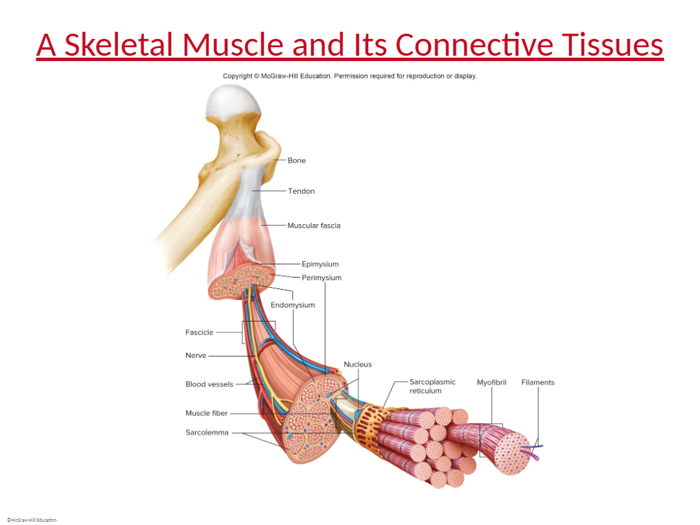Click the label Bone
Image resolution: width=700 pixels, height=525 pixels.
[296, 160]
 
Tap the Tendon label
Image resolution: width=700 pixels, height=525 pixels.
[301, 191]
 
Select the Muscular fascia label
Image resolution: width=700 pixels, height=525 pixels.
[314, 226]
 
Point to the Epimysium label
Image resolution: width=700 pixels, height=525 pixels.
[320, 264]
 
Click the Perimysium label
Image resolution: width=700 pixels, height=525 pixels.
[321, 277]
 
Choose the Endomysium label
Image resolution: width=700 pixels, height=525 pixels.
[293, 305]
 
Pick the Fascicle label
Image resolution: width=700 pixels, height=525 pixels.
[199, 332]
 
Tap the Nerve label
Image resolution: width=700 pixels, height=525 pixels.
[196, 355]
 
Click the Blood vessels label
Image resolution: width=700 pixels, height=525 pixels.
[209, 384]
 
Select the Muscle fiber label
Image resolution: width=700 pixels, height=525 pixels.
[206, 413]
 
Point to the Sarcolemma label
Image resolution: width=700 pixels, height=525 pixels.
[207, 432]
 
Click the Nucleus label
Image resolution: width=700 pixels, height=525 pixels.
[358, 364]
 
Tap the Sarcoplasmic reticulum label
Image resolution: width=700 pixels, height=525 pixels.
[432, 386]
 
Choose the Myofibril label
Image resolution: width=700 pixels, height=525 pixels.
[491, 382]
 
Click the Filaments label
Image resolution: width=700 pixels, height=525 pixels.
[537, 382]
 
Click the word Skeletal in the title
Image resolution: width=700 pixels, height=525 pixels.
[119, 45]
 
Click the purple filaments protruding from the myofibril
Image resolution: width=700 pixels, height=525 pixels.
[532, 451]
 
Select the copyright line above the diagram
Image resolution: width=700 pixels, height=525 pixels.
[349, 76]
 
